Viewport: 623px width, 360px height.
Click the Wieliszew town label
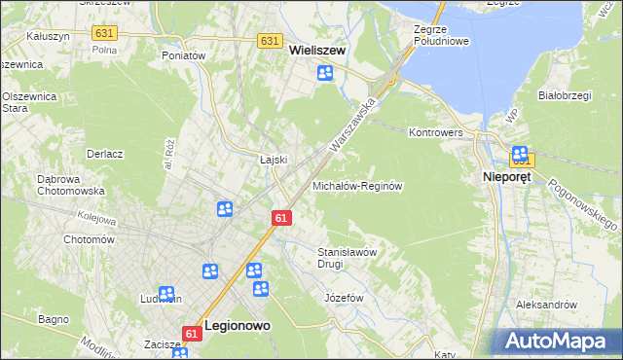tap(317, 54)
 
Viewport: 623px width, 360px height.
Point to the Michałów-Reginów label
tap(357, 185)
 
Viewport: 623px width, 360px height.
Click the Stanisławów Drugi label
tap(348, 258)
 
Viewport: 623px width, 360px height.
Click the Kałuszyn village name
tap(49, 35)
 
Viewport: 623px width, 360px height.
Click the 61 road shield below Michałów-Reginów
tap(280, 218)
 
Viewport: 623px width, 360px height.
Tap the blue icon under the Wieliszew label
tap(324, 74)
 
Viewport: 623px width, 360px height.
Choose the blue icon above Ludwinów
tap(166, 293)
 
